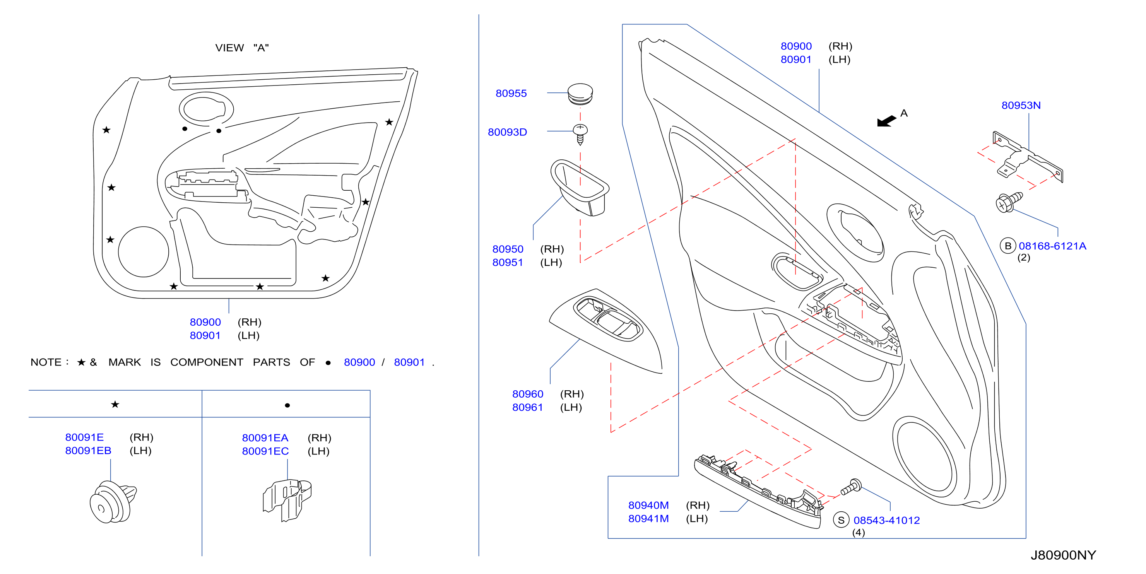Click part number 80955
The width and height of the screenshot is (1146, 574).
click(x=511, y=93)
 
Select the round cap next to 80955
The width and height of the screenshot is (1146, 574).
click(x=580, y=94)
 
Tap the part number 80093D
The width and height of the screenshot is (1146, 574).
click(x=507, y=132)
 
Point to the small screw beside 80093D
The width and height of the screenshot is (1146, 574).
click(x=580, y=134)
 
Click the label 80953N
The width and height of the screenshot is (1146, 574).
click(x=1021, y=105)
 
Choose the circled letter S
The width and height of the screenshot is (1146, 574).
click(x=841, y=520)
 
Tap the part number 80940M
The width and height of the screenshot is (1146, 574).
click(x=648, y=505)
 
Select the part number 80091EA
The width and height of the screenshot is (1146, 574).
click(x=265, y=437)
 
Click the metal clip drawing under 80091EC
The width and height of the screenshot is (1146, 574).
click(x=287, y=500)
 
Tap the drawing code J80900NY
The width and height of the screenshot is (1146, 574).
click(x=1063, y=555)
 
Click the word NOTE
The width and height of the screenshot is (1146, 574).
click(x=46, y=362)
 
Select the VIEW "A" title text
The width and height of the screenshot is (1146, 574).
click(x=242, y=48)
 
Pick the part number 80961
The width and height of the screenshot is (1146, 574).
click(x=528, y=407)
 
